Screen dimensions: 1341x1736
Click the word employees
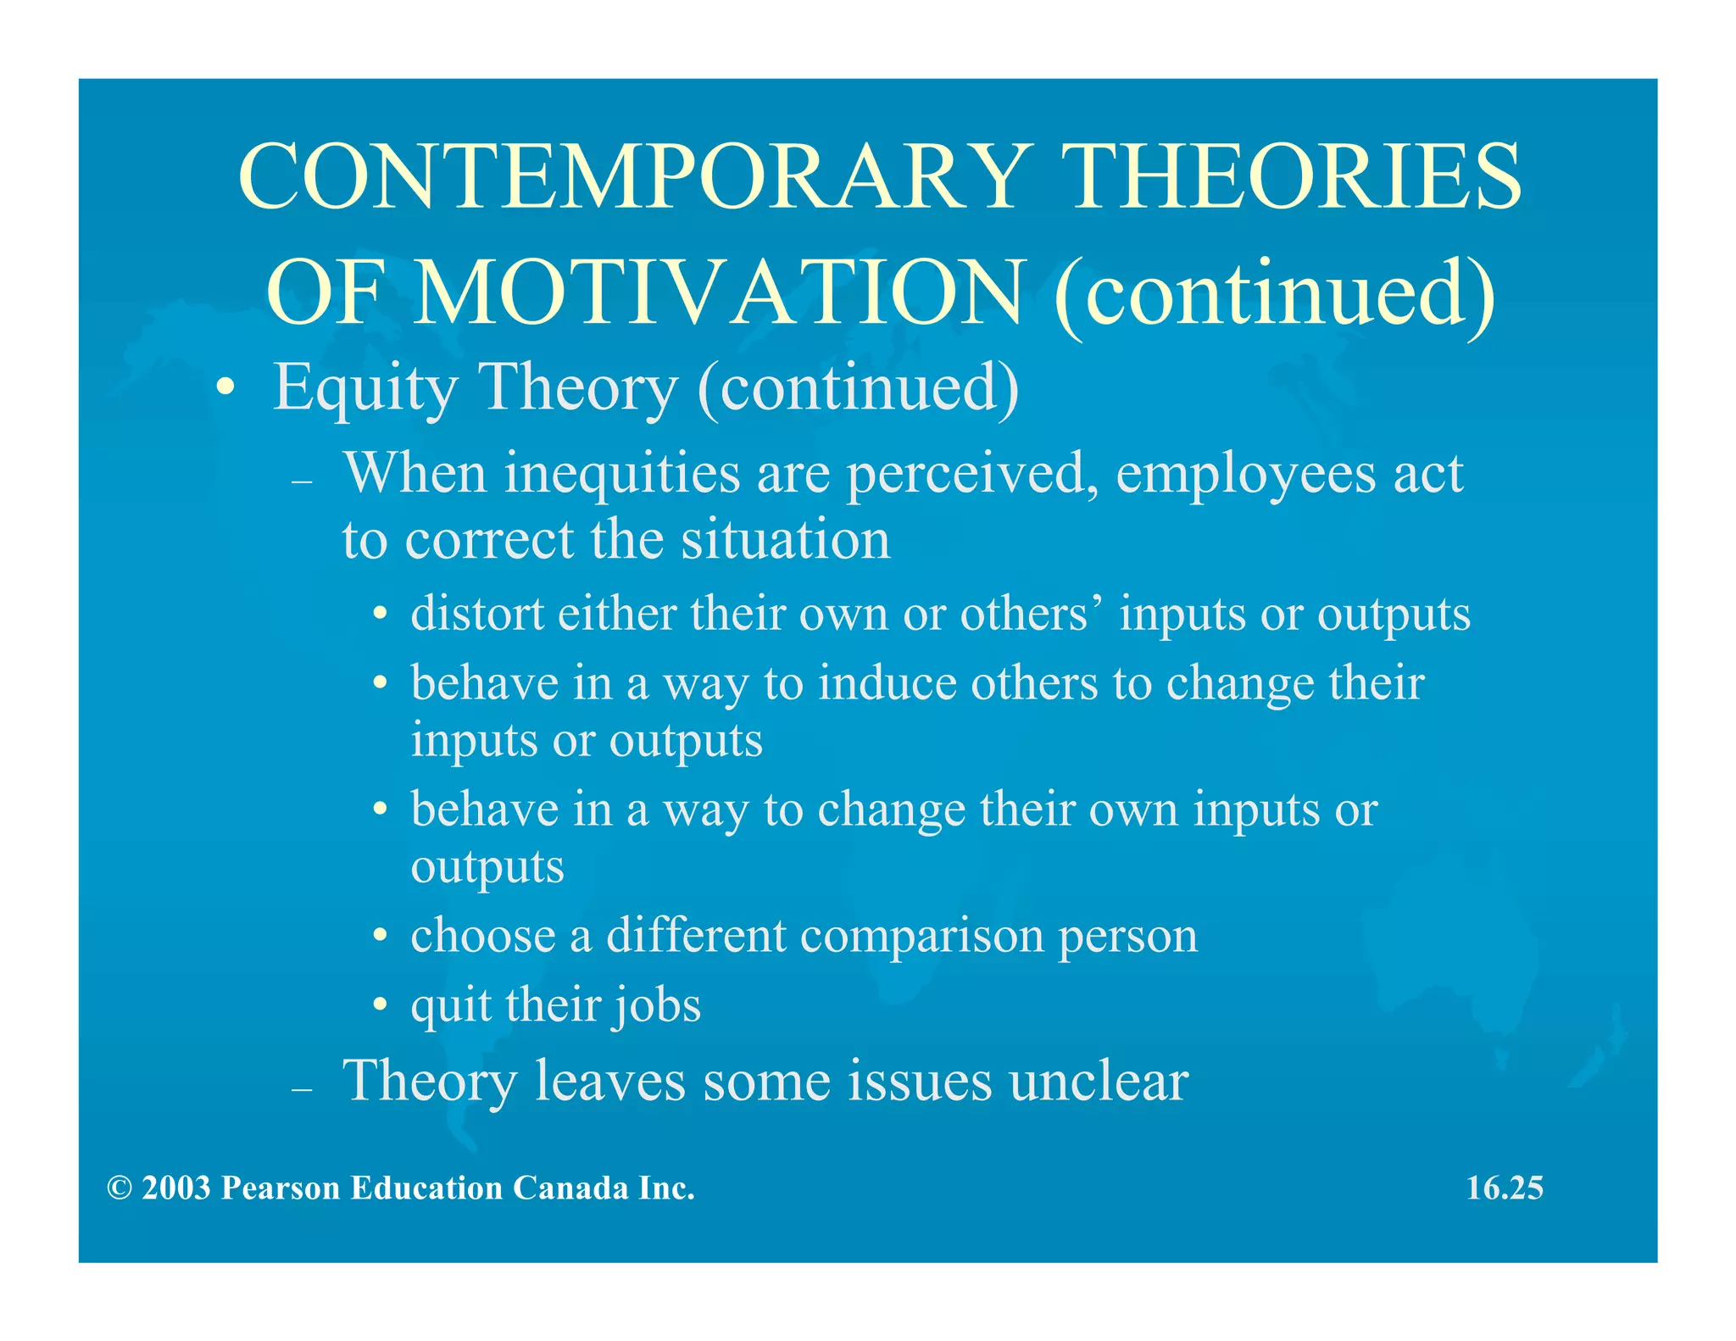[1245, 475]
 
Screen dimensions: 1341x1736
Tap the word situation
[786, 539]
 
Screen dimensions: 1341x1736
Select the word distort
[477, 613]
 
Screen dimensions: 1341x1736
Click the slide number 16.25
[1505, 1188]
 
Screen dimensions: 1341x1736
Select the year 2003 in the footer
[175, 1188]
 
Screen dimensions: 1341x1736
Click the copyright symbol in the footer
[120, 1188]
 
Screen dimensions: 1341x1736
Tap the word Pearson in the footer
[281, 1188]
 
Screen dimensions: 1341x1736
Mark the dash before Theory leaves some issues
[302, 1089]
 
